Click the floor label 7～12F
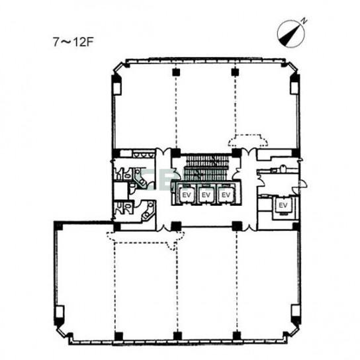pos(73,42)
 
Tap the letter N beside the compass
pos(304,21)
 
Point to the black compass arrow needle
pos(290,34)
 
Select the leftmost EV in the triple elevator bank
pos(187,195)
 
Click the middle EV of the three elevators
pos(206,195)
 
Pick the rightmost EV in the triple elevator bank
pos(226,195)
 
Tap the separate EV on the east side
pos(283,205)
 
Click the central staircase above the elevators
pos(206,167)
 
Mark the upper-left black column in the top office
pos(176,72)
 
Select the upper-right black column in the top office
pos(235,72)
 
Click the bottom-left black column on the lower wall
pos(118,336)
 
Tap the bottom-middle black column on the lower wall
pos(177,336)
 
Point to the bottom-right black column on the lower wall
pos(236,336)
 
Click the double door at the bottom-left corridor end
pos(163,227)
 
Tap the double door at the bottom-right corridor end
pos(248,227)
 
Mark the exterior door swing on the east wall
pos(301,185)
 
